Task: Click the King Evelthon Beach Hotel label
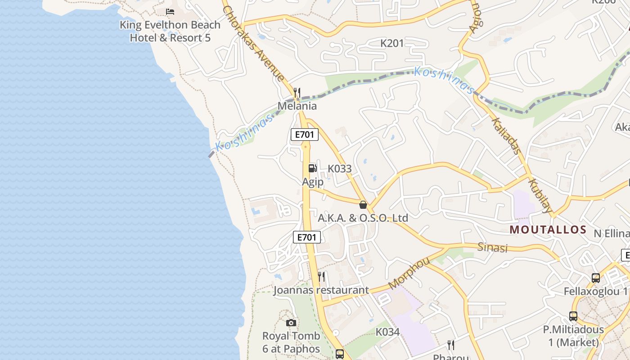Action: pyautogui.click(x=170, y=31)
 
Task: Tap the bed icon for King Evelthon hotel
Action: pyautogui.click(x=170, y=11)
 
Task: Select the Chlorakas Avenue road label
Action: pyautogui.click(x=254, y=44)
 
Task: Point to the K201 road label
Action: pyautogui.click(x=392, y=44)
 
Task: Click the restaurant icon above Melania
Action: pyautogui.click(x=297, y=93)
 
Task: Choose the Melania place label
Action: pyautogui.click(x=297, y=106)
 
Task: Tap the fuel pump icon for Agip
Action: pyautogui.click(x=312, y=168)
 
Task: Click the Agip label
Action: pyautogui.click(x=312, y=182)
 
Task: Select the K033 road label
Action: pyautogui.click(x=339, y=169)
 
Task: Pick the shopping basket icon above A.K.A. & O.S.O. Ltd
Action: pyautogui.click(x=363, y=205)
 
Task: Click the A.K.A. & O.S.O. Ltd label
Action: pyautogui.click(x=363, y=218)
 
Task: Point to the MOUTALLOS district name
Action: pyautogui.click(x=548, y=230)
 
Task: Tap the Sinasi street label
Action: pyautogui.click(x=492, y=247)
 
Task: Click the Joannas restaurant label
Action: pyautogui.click(x=321, y=290)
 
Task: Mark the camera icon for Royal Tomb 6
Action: pyautogui.click(x=291, y=323)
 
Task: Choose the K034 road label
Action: pyautogui.click(x=387, y=332)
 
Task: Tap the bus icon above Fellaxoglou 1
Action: pyautogui.click(x=596, y=278)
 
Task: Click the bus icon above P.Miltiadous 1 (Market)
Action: pyautogui.click(x=573, y=316)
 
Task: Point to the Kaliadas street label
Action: pyautogui.click(x=506, y=136)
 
